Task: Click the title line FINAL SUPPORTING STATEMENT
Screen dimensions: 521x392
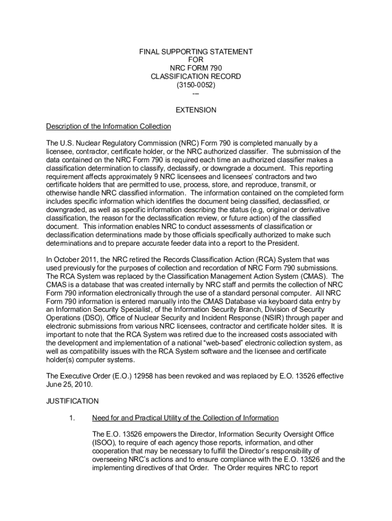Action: click(x=196, y=52)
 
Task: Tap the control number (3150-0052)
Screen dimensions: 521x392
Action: click(x=196, y=85)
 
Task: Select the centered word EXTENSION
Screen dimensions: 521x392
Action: click(x=196, y=110)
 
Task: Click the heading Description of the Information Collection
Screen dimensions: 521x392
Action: click(x=108, y=127)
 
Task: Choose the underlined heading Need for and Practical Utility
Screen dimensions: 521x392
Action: click(x=185, y=418)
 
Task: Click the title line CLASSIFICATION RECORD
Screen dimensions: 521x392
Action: click(x=196, y=77)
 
